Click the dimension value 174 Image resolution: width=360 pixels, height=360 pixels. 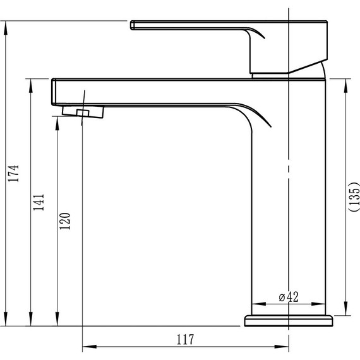(x=13, y=173)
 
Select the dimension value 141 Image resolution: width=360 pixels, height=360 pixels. (x=39, y=202)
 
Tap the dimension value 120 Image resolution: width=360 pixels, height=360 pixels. (x=65, y=221)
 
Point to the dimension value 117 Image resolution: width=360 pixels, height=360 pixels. (x=185, y=339)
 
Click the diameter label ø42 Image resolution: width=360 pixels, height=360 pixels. (x=289, y=297)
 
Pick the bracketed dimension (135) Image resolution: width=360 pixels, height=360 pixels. (x=354, y=196)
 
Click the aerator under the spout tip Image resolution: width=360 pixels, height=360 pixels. (x=83, y=112)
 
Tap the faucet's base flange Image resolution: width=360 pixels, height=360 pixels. (x=289, y=321)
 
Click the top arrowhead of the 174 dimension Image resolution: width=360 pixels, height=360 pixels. (x=6, y=28)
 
